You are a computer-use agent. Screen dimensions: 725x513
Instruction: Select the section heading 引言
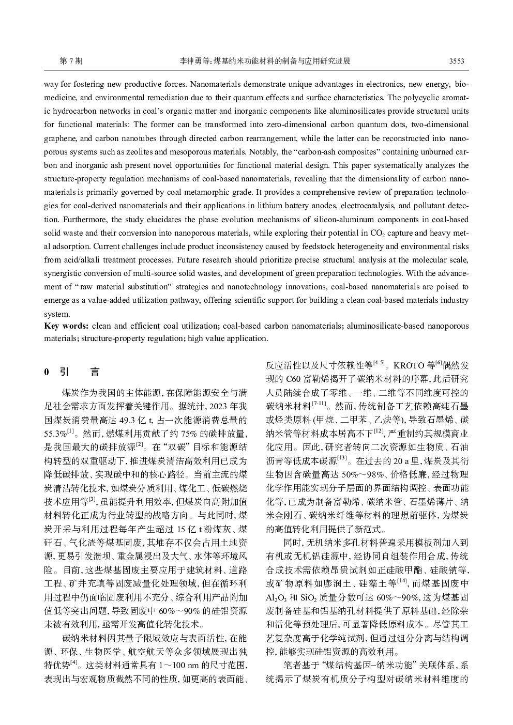click(x=79, y=372)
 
